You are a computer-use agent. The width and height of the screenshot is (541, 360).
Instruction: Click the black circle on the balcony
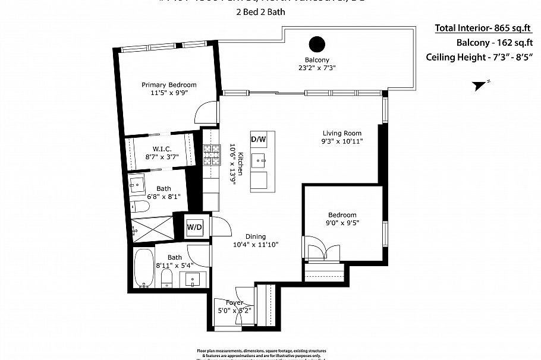click(x=317, y=44)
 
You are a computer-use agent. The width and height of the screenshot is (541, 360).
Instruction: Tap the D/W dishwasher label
click(x=258, y=140)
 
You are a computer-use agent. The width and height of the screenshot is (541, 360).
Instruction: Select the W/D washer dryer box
click(x=194, y=226)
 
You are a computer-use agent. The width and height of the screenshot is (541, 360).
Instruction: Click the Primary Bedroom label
click(x=169, y=85)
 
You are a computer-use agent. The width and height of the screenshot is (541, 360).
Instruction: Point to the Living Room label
click(x=342, y=133)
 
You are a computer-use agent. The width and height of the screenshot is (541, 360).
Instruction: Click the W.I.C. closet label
click(x=162, y=149)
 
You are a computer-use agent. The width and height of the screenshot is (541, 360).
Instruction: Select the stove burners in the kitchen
click(x=211, y=156)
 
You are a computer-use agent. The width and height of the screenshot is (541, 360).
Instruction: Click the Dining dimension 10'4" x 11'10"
click(x=255, y=244)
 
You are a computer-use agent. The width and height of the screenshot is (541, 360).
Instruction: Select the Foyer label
click(x=234, y=302)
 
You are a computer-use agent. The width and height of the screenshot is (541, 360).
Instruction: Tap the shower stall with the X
click(x=152, y=226)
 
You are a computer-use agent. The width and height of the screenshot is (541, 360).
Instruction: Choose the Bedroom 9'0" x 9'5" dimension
click(x=342, y=223)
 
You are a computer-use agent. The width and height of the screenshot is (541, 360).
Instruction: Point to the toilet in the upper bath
click(x=141, y=207)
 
